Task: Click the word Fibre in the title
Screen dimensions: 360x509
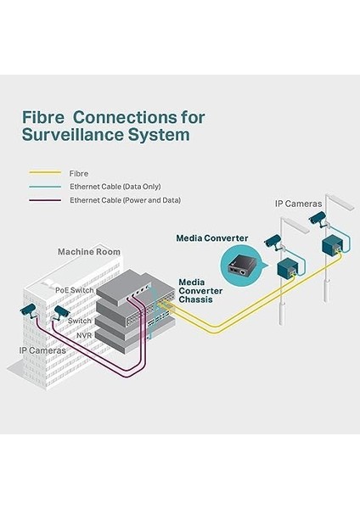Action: tap(43, 117)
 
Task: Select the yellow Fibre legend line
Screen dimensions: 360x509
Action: tap(45, 173)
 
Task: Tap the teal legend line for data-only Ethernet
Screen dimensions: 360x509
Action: tap(45, 187)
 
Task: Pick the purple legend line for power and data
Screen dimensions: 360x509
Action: tap(45, 200)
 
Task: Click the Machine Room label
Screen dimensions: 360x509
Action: tap(89, 252)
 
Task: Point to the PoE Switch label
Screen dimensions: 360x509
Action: tap(75, 290)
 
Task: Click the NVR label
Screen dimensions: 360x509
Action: tap(84, 335)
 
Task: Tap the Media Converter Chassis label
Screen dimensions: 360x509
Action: tap(200, 291)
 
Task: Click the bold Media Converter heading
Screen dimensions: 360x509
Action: tap(212, 238)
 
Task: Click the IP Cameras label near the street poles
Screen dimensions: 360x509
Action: tap(298, 204)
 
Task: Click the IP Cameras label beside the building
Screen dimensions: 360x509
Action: tap(42, 350)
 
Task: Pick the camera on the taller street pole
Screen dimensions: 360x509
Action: tap(318, 219)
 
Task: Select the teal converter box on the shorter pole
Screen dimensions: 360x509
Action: tap(287, 268)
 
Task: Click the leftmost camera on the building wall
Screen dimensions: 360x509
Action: tap(29, 311)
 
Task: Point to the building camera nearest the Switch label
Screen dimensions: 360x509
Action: tap(61, 312)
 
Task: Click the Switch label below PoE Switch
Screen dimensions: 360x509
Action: tap(80, 321)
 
